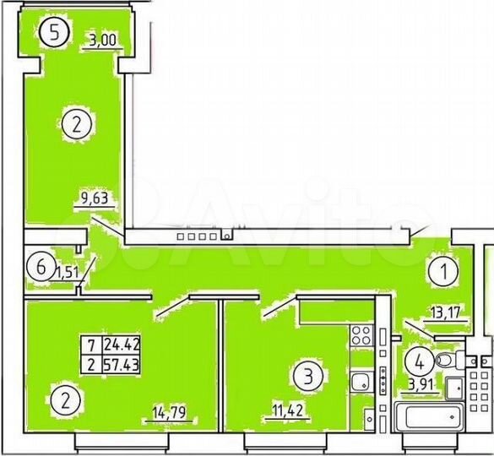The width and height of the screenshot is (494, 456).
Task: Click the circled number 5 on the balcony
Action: click(x=55, y=35)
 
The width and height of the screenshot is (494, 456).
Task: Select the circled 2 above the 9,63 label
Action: click(x=77, y=127)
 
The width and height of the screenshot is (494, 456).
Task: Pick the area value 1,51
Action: click(x=68, y=272)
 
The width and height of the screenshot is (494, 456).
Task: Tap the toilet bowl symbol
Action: click(x=447, y=361)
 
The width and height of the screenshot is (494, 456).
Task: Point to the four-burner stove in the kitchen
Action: click(x=362, y=335)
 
